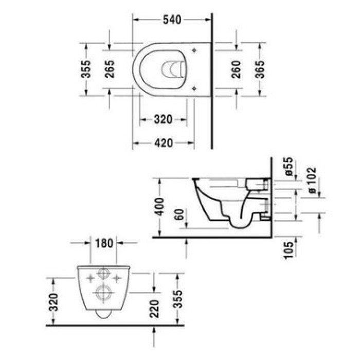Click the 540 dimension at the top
[x=172, y=20]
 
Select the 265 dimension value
[x=109, y=69]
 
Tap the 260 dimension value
[x=236, y=69]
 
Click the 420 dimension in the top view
[x=163, y=142]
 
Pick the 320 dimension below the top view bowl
[x=163, y=120]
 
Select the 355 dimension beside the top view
[x=86, y=69]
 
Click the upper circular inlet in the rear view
[x=103, y=273]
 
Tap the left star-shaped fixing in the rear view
[x=91, y=278]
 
